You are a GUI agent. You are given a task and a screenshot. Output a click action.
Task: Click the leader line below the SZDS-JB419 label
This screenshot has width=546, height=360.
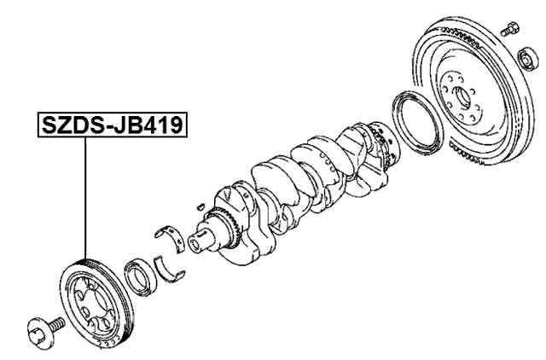pos(86,196)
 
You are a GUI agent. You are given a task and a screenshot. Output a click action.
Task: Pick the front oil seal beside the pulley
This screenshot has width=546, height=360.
pos(138,276)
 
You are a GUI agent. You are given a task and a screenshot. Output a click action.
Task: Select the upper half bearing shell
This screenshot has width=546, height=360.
pos(171,232)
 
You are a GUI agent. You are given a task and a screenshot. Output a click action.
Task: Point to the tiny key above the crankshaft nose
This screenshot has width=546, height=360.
pos(198,205)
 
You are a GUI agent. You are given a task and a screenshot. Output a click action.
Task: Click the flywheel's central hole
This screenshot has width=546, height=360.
pos(462,93)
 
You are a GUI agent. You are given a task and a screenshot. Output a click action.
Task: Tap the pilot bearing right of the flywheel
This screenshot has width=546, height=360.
pos(527,60)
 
